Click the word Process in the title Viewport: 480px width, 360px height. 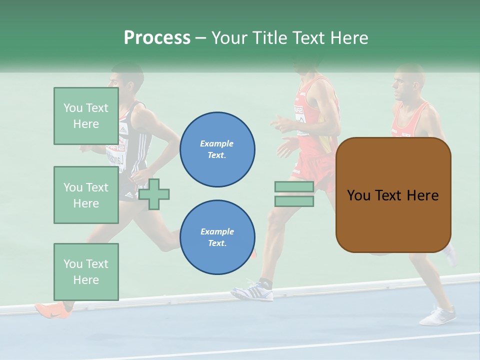(157, 38)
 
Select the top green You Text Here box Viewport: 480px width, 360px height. (86, 116)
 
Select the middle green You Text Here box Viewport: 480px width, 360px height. (86, 195)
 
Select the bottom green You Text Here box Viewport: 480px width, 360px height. (86, 271)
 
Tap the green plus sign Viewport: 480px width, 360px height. (154, 194)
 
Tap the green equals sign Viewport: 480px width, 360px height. (294, 194)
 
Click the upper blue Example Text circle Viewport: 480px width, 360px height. (217, 149)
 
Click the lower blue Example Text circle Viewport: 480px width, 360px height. (217, 237)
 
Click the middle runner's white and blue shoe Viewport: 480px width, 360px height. (253, 291)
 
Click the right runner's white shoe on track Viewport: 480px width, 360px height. (438, 316)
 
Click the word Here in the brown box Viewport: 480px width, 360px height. (422, 195)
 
